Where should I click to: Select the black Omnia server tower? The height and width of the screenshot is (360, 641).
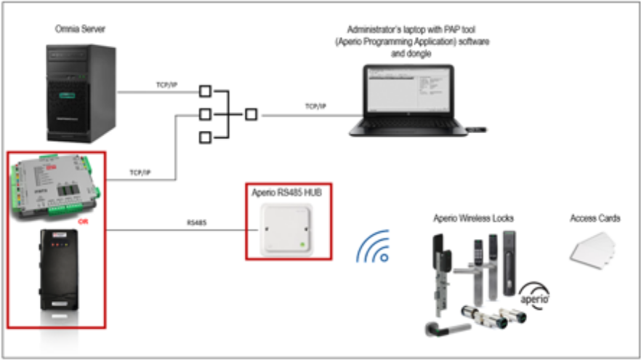tap(80, 92)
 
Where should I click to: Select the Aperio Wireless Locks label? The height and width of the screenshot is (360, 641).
tap(474, 218)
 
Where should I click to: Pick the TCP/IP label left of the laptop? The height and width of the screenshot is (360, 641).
tap(315, 107)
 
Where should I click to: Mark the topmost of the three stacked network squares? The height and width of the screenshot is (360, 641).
tap(205, 92)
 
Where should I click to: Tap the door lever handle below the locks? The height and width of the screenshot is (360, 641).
tap(443, 326)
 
